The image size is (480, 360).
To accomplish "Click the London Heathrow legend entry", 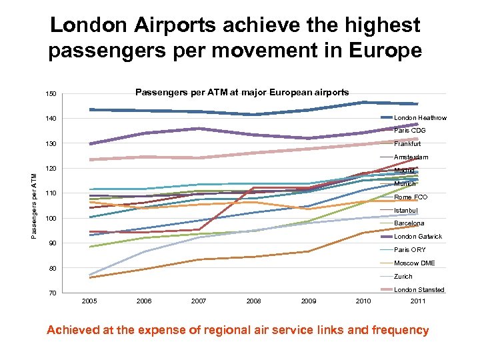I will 420,118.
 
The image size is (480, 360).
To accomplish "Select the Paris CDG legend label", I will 409,131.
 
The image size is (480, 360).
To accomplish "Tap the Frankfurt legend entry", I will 407,144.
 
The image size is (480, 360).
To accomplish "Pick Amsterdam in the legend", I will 411,157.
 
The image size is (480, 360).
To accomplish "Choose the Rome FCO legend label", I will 411,197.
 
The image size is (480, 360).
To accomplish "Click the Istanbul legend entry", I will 405,211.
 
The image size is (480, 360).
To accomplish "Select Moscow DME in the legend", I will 414,263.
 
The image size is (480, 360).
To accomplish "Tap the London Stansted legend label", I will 419,290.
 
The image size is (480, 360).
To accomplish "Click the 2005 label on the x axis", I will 89,301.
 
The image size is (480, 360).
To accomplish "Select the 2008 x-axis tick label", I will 253,301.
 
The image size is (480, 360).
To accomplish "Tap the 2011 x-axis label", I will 418,301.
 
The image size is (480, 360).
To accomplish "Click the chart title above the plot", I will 242,93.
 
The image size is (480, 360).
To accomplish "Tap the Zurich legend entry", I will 403,277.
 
